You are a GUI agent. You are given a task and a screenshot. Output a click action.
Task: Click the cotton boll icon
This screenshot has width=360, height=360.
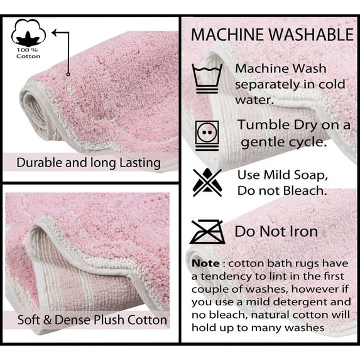28,33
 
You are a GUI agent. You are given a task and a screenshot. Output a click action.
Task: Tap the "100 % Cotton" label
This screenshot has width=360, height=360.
28,53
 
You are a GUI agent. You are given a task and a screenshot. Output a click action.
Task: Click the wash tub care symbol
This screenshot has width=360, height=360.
207,79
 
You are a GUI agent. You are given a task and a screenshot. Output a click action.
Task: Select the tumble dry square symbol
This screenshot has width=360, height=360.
207,136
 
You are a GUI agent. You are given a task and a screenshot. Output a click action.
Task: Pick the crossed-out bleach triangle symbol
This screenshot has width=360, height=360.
207,183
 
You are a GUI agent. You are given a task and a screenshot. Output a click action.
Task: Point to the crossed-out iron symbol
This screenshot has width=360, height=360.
207,232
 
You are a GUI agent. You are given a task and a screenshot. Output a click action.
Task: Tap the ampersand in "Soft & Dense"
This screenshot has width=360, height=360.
47,320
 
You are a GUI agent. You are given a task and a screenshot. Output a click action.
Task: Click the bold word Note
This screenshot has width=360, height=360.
205,263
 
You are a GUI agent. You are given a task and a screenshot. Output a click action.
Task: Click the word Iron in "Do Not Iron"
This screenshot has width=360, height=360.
303,231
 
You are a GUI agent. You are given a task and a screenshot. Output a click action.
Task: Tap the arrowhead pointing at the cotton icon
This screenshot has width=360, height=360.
55,33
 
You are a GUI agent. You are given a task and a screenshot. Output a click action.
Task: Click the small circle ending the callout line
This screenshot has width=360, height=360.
68,74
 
